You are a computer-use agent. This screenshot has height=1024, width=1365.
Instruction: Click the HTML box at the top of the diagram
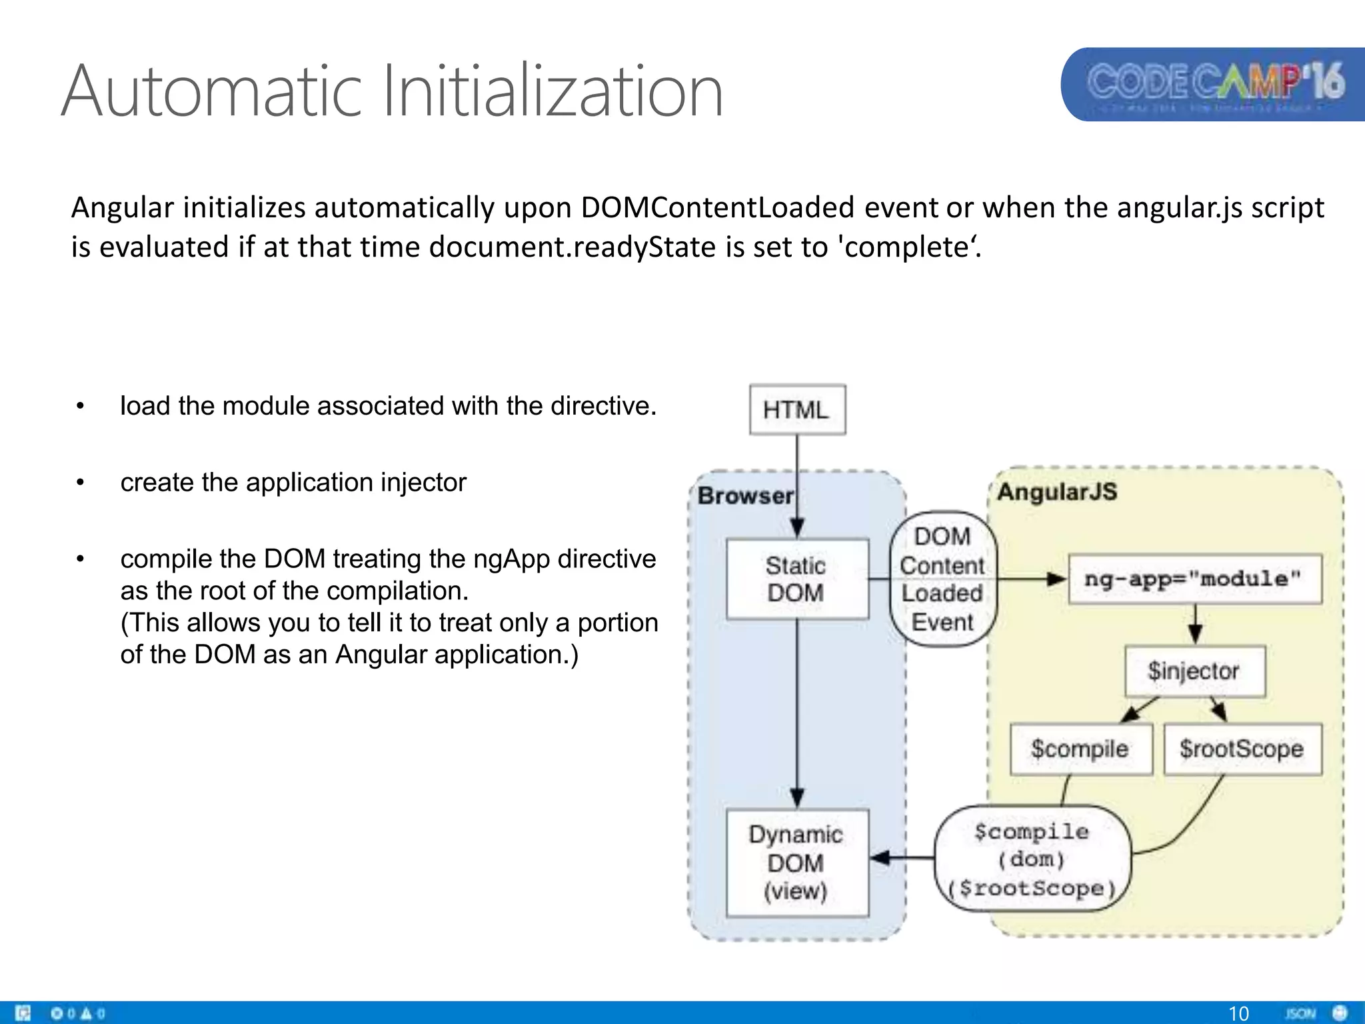797,409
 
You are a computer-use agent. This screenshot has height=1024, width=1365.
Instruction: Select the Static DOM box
797,579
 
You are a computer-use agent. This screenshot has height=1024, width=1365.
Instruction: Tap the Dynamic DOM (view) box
797,863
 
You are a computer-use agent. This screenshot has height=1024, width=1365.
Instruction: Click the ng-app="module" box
1194,579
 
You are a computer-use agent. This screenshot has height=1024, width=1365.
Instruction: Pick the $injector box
1194,671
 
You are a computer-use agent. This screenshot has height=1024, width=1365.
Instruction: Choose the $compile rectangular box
1080,749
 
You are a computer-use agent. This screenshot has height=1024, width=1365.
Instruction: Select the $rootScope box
1242,749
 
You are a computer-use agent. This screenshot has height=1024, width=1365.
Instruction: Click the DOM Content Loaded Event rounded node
942,579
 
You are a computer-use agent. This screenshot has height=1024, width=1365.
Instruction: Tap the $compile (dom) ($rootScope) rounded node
1032,859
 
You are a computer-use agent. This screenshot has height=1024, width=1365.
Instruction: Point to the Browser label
745,496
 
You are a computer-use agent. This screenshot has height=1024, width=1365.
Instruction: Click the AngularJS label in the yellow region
1057,492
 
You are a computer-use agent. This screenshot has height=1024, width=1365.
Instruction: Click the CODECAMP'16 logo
1214,84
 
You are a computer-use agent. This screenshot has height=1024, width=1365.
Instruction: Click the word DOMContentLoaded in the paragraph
718,207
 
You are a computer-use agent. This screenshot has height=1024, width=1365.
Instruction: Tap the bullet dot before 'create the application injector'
80,483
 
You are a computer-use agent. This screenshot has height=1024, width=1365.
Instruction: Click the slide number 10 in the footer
1238,1013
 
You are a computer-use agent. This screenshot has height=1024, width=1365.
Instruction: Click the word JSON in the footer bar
1300,1013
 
